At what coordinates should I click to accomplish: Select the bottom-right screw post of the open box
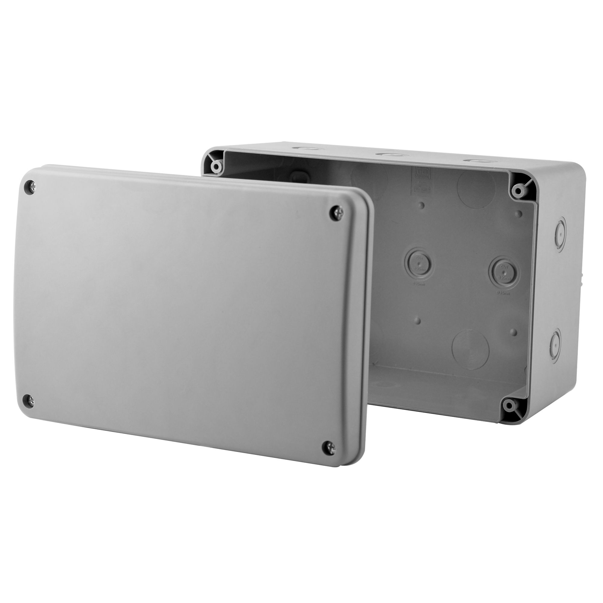pyautogui.click(x=509, y=406)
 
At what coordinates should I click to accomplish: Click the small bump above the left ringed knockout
pyautogui.click(x=422, y=206)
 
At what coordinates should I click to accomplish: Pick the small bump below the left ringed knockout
pyautogui.click(x=418, y=320)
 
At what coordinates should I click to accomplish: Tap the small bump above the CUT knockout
pyautogui.click(x=520, y=214)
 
